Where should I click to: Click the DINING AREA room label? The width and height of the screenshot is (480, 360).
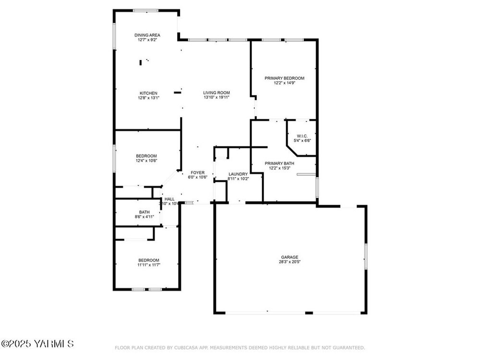pos(147,35)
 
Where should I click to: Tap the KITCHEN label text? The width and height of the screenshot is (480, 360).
pos(148,94)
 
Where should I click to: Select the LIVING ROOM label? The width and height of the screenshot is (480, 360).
pos(216,93)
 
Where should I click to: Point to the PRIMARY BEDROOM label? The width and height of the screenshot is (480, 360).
pos(284,78)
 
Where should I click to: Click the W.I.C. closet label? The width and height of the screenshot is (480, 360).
pos(302,136)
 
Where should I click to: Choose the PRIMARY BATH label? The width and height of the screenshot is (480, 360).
pos(279,164)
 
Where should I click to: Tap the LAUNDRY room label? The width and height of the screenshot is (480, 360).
pos(238,174)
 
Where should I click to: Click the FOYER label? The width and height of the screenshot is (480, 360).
pos(197,173)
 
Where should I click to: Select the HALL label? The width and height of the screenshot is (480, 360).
pos(169,199)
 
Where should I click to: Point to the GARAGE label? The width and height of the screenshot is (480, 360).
pos(289,257)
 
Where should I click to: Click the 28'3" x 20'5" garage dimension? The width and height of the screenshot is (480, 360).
pos(289,262)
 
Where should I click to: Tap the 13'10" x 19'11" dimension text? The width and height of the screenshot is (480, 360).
pos(216,97)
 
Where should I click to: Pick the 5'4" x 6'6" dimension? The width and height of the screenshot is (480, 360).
pos(302,141)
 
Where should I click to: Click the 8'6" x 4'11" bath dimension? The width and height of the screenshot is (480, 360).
pos(144,217)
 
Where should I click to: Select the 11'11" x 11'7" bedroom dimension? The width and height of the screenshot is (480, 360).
pos(149,265)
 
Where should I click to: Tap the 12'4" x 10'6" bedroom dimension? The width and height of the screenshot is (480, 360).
pos(146,160)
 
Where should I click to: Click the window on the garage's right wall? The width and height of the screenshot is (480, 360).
pos(366,256)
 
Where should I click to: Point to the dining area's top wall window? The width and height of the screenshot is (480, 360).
pos(146,11)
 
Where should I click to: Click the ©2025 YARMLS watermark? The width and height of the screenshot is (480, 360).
pos(37,344)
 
